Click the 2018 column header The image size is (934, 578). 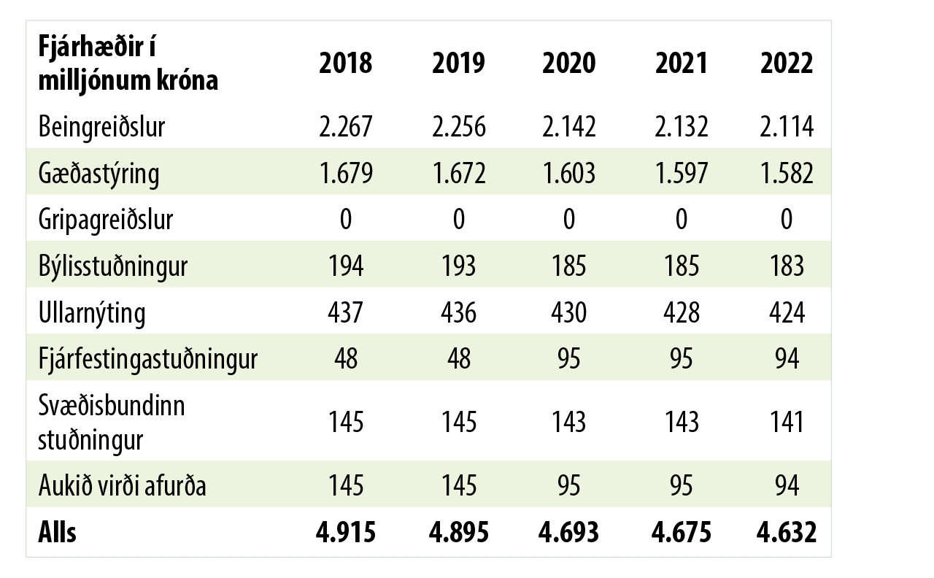coord(345,63)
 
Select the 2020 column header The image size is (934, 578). coord(568,63)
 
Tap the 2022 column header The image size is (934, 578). coord(787,63)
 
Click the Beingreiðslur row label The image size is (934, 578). coord(102,127)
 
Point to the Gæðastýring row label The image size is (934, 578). coord(99,173)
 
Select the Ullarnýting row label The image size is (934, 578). coord(92,312)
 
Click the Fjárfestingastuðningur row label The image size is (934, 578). coord(147,358)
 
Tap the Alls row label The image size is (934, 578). coord(57,533)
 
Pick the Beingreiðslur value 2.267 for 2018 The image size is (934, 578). coord(345,127)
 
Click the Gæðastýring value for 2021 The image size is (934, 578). coord(681,173)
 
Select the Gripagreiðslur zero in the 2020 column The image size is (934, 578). coord(568,219)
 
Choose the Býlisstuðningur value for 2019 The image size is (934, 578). coord(458,266)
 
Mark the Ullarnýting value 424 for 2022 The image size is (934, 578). coord(787,312)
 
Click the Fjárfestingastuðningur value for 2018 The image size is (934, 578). coord(345,358)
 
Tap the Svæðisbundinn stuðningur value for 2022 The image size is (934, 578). coord(787,421)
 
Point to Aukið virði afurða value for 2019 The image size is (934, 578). coord(458,485)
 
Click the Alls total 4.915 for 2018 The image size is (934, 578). coord(345,533)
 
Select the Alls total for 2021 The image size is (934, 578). coord(681,533)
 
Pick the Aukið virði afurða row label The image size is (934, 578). coord(122,485)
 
